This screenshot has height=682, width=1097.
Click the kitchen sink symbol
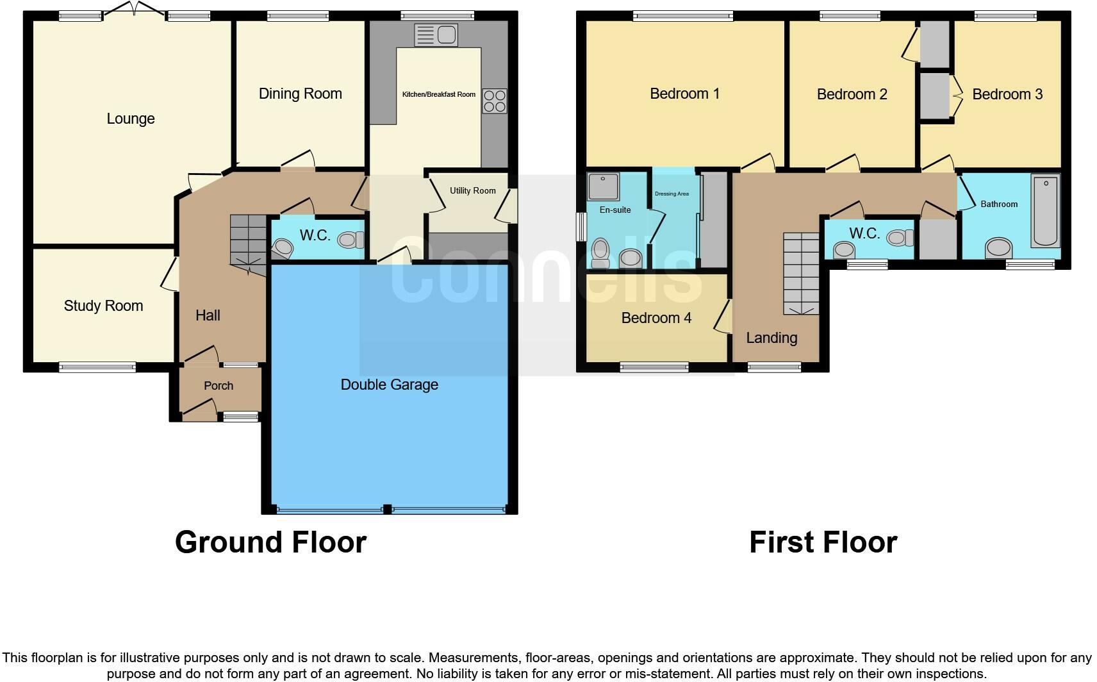[x=436, y=35]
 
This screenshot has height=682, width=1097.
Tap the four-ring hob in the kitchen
[x=494, y=101]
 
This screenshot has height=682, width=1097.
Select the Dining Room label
[x=300, y=94]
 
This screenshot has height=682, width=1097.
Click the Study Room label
[x=103, y=306]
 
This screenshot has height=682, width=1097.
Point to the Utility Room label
[x=472, y=190]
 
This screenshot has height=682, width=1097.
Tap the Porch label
[x=219, y=386]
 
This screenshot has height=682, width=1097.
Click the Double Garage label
[x=389, y=385]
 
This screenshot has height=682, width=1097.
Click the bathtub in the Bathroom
[x=1045, y=210]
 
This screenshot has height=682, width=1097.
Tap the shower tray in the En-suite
[x=604, y=186]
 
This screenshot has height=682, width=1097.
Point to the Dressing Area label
[x=672, y=194]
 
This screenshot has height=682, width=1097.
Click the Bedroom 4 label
[x=656, y=318]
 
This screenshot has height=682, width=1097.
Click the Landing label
[x=771, y=338]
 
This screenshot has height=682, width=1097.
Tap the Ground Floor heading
[x=270, y=542]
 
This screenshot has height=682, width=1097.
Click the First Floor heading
[x=823, y=542]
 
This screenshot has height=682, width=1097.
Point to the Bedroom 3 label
[x=1007, y=94]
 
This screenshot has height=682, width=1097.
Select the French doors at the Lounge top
[x=134, y=11]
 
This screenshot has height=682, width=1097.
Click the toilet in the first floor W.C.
[x=901, y=238]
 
